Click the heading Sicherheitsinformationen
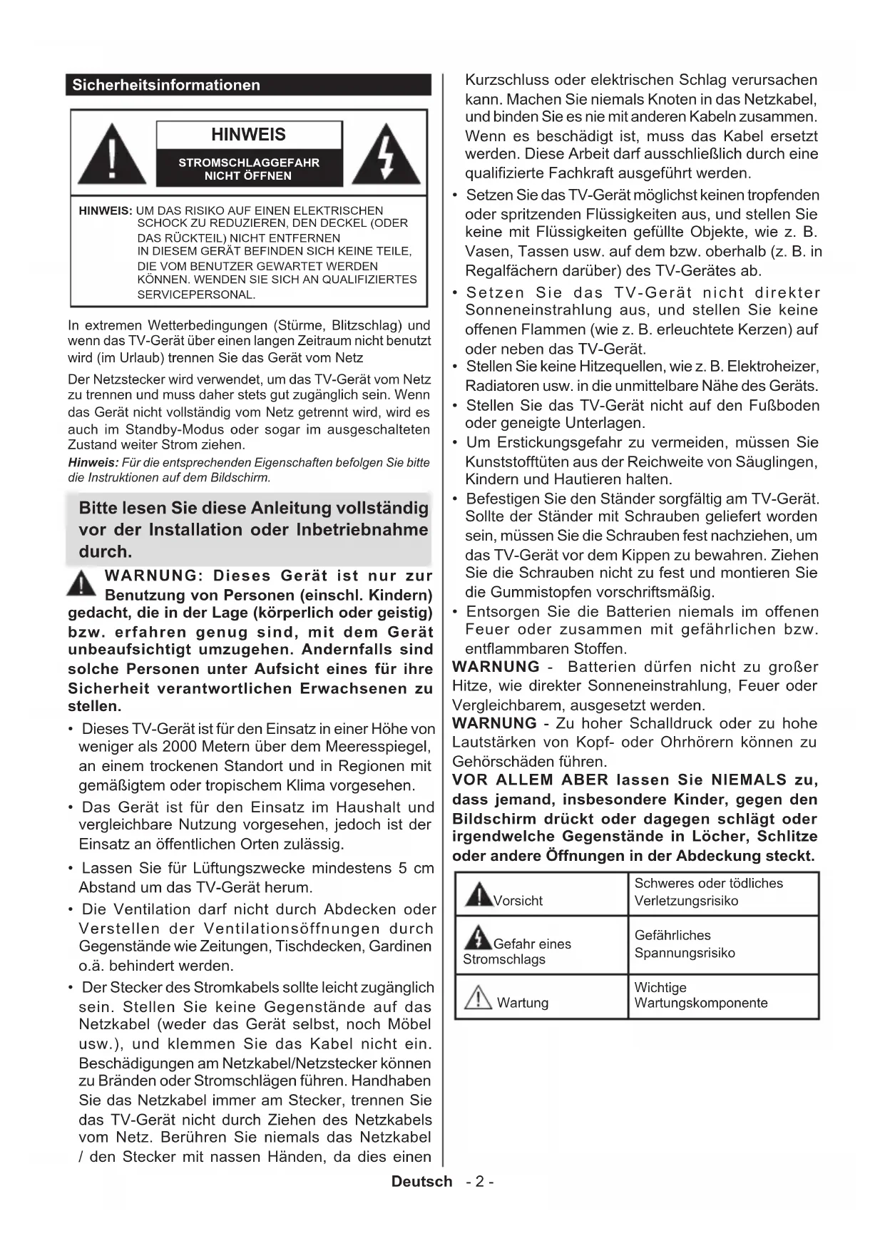[166, 85]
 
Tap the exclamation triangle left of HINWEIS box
[112, 155]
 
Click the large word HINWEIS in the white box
[248, 135]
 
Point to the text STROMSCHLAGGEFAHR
[249, 163]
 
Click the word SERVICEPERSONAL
[196, 295]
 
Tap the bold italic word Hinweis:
[93, 463]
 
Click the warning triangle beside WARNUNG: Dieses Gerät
[82, 584]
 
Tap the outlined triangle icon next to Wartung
[478, 996]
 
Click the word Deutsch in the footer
[421, 1181]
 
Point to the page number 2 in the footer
[480, 1181]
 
